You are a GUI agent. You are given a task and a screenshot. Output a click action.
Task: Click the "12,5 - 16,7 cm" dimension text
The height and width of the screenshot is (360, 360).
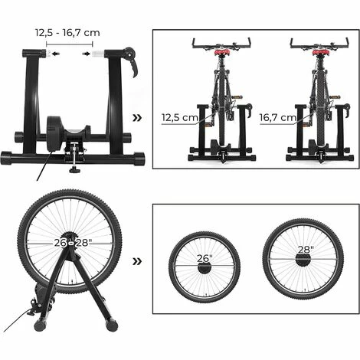click(x=67, y=33)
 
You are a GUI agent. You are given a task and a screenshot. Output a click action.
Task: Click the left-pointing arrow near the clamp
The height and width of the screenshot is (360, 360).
click(x=55, y=54)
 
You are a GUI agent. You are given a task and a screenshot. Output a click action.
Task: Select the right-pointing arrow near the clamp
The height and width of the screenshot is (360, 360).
click(x=87, y=54)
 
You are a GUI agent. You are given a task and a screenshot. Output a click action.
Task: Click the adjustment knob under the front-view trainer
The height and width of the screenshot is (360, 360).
click(x=75, y=169)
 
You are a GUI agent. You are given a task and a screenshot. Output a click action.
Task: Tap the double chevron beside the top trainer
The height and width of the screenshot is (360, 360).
click(x=137, y=118)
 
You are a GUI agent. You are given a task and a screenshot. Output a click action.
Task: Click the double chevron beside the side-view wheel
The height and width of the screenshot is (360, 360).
click(x=137, y=261)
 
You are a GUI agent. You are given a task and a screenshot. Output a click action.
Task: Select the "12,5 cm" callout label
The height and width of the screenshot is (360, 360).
click(x=180, y=117)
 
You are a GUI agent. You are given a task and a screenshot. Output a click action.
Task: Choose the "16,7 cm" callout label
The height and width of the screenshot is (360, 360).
click(x=278, y=117)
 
